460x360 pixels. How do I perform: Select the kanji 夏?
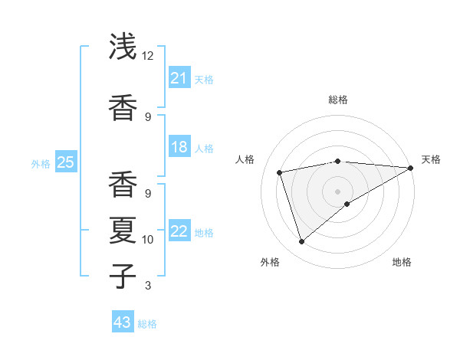pyautogui.click(x=123, y=230)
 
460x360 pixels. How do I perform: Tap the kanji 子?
pyautogui.click(x=123, y=275)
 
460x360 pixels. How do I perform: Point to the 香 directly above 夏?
pyautogui.click(x=123, y=184)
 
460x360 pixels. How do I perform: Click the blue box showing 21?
pyautogui.click(x=179, y=78)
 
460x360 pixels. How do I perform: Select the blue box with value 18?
pyautogui.click(x=179, y=147)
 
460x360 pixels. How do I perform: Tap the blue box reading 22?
pyautogui.click(x=179, y=231)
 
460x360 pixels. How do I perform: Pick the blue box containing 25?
pyautogui.click(x=65, y=162)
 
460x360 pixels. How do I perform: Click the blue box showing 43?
pyautogui.click(x=122, y=322)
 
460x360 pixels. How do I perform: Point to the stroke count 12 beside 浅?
pyautogui.click(x=148, y=56)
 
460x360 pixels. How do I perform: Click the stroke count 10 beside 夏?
pyautogui.click(x=148, y=240)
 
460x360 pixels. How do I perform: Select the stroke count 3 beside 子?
pyautogui.click(x=147, y=286)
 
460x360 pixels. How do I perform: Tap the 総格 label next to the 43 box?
pyautogui.click(x=147, y=324)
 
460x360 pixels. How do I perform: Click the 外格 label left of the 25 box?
pyautogui.click(x=41, y=163)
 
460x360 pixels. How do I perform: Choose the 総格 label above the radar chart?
pyautogui.click(x=337, y=100)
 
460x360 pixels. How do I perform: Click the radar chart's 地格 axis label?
pyautogui.click(x=402, y=262)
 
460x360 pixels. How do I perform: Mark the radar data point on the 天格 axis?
pyautogui.click(x=411, y=168)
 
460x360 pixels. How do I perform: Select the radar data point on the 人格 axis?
pyautogui.click(x=280, y=172)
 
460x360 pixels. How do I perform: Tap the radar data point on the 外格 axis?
pyautogui.click(x=301, y=242)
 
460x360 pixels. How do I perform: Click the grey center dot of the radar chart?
pyautogui.click(x=337, y=191)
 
